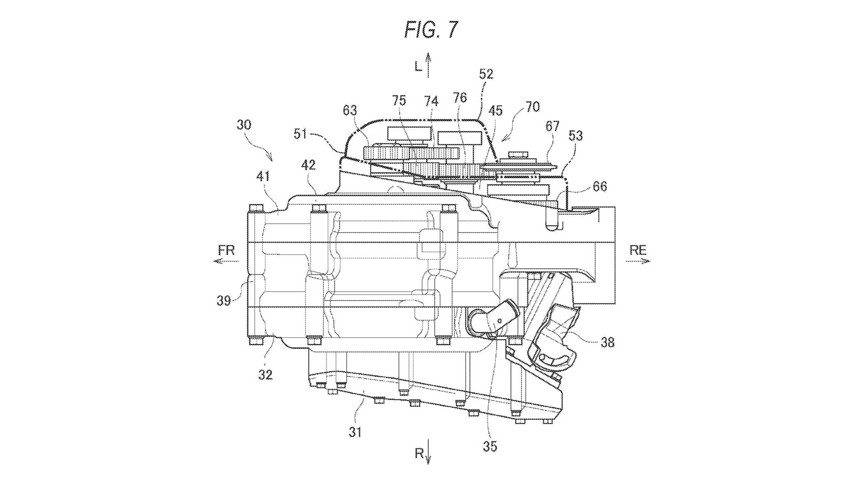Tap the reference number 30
tap(244, 125)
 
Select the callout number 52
tap(486, 74)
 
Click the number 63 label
tap(350, 111)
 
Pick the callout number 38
tap(607, 342)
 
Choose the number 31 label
tap(355, 432)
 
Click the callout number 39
tap(223, 300)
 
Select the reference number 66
tap(599, 186)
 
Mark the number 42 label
tap(308, 165)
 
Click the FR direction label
tap(226, 251)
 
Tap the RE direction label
tap(638, 251)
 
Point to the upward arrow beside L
tap(428, 65)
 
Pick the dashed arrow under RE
tap(638, 261)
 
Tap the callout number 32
tap(265, 375)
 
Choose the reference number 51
tap(300, 134)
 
